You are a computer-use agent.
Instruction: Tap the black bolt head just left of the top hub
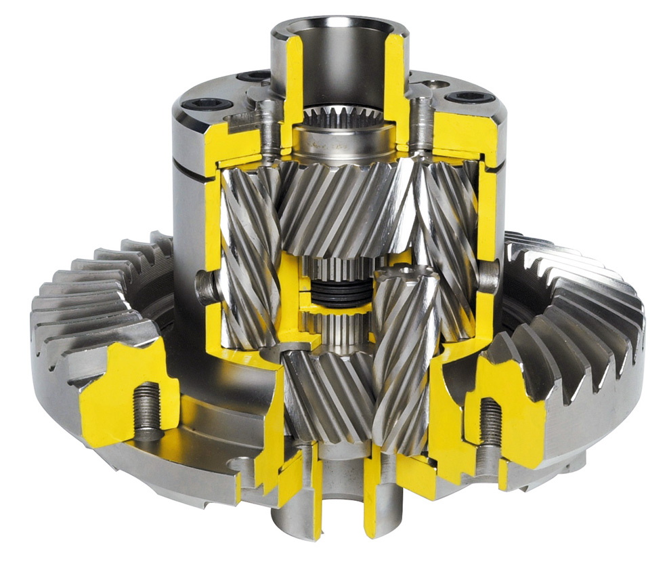pos(257,76)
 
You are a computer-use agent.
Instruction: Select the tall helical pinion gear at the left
pos(247,258)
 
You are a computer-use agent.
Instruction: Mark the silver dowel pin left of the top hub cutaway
pos(270,129)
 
